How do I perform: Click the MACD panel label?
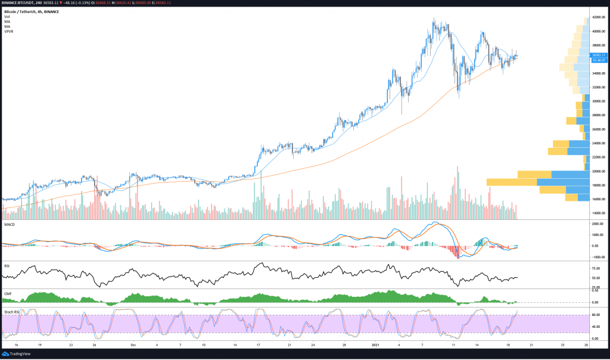click(x=10, y=224)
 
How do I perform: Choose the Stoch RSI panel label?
click(x=13, y=312)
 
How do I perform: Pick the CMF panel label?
click(x=8, y=294)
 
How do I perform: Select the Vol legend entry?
click(x=7, y=17)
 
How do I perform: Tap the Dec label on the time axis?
click(x=134, y=345)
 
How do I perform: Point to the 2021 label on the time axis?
click(x=376, y=345)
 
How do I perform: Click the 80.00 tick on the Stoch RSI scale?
click(x=596, y=314)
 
